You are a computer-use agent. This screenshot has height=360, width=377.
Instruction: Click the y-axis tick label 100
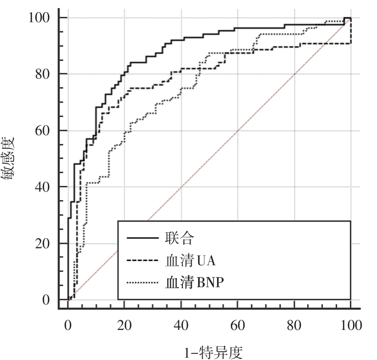point(39,18)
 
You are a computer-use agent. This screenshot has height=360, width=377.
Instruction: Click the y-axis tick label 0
point(45,300)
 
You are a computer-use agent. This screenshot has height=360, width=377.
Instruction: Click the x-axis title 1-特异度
point(209,352)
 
